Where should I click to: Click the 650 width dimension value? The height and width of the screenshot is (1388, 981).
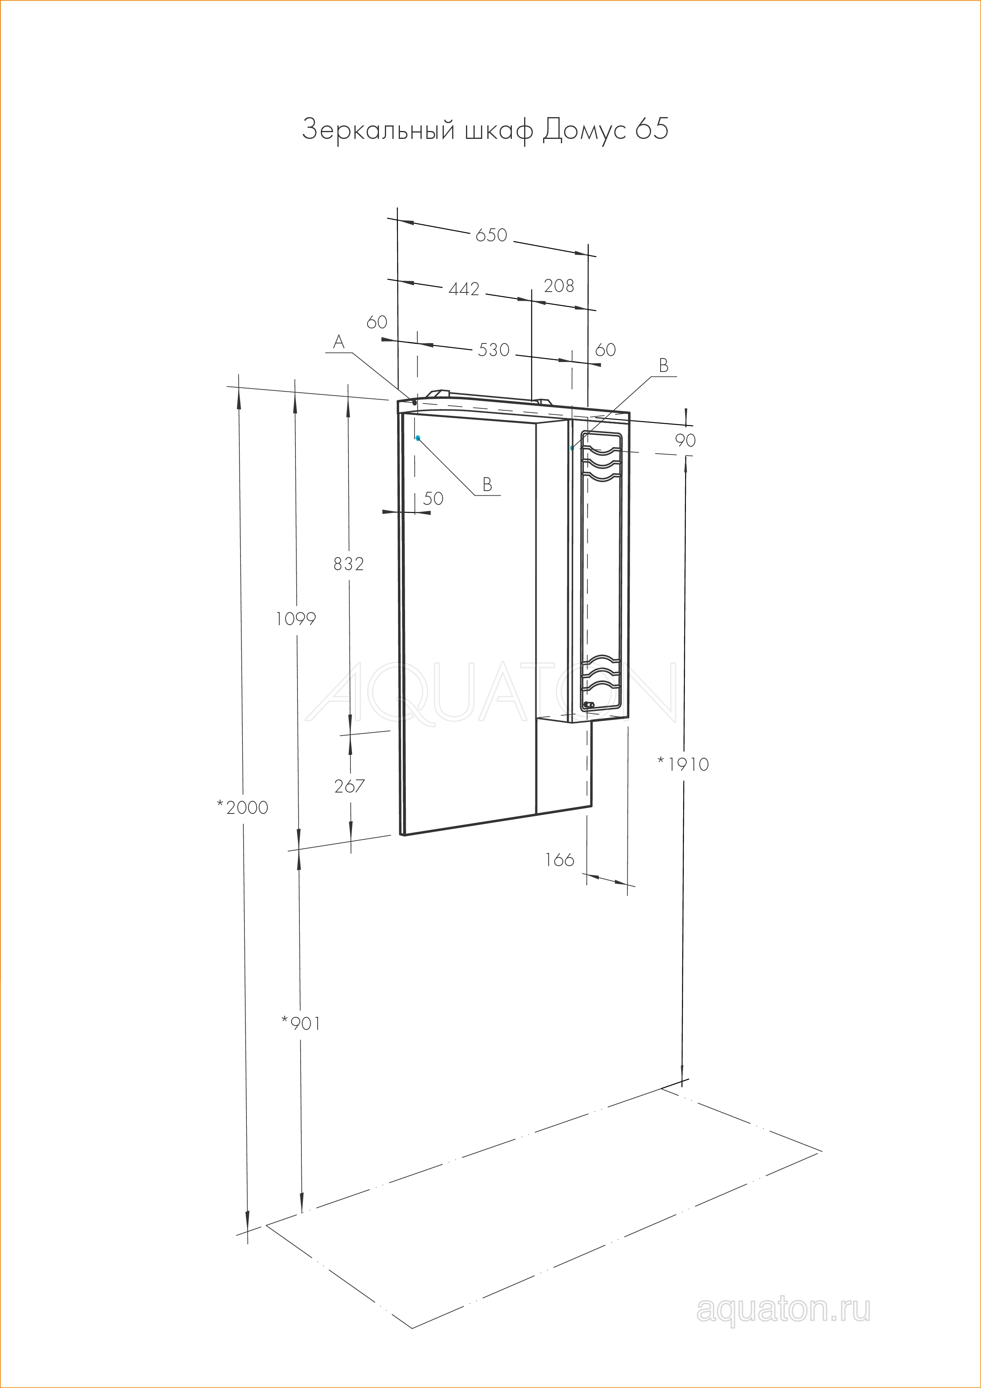[x=491, y=235]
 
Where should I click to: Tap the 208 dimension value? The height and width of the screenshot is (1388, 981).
[x=559, y=285]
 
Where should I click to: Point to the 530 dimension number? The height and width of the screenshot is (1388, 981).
[x=494, y=349]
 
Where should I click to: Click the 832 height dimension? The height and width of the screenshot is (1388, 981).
[x=349, y=563]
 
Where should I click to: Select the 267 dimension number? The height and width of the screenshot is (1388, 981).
[x=349, y=786]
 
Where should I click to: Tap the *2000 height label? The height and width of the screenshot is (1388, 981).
[x=242, y=807]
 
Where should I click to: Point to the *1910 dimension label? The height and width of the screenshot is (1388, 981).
[x=683, y=764]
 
